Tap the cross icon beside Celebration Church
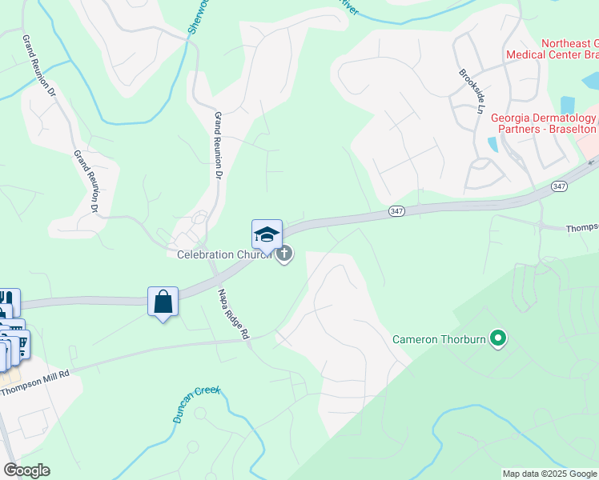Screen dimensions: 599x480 [283, 254]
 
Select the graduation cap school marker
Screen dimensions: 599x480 [267, 234]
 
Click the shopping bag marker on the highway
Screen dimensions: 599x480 [163, 302]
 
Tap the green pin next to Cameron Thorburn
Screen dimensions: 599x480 [498, 339]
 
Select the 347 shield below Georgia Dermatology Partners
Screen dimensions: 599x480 [559, 186]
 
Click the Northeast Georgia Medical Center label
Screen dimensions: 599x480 [553, 50]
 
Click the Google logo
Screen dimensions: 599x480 [26, 470]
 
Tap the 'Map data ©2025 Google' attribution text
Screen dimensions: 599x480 [549, 474]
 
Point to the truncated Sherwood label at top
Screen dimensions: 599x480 [195, 17]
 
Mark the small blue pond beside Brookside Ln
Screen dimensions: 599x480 [492, 145]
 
